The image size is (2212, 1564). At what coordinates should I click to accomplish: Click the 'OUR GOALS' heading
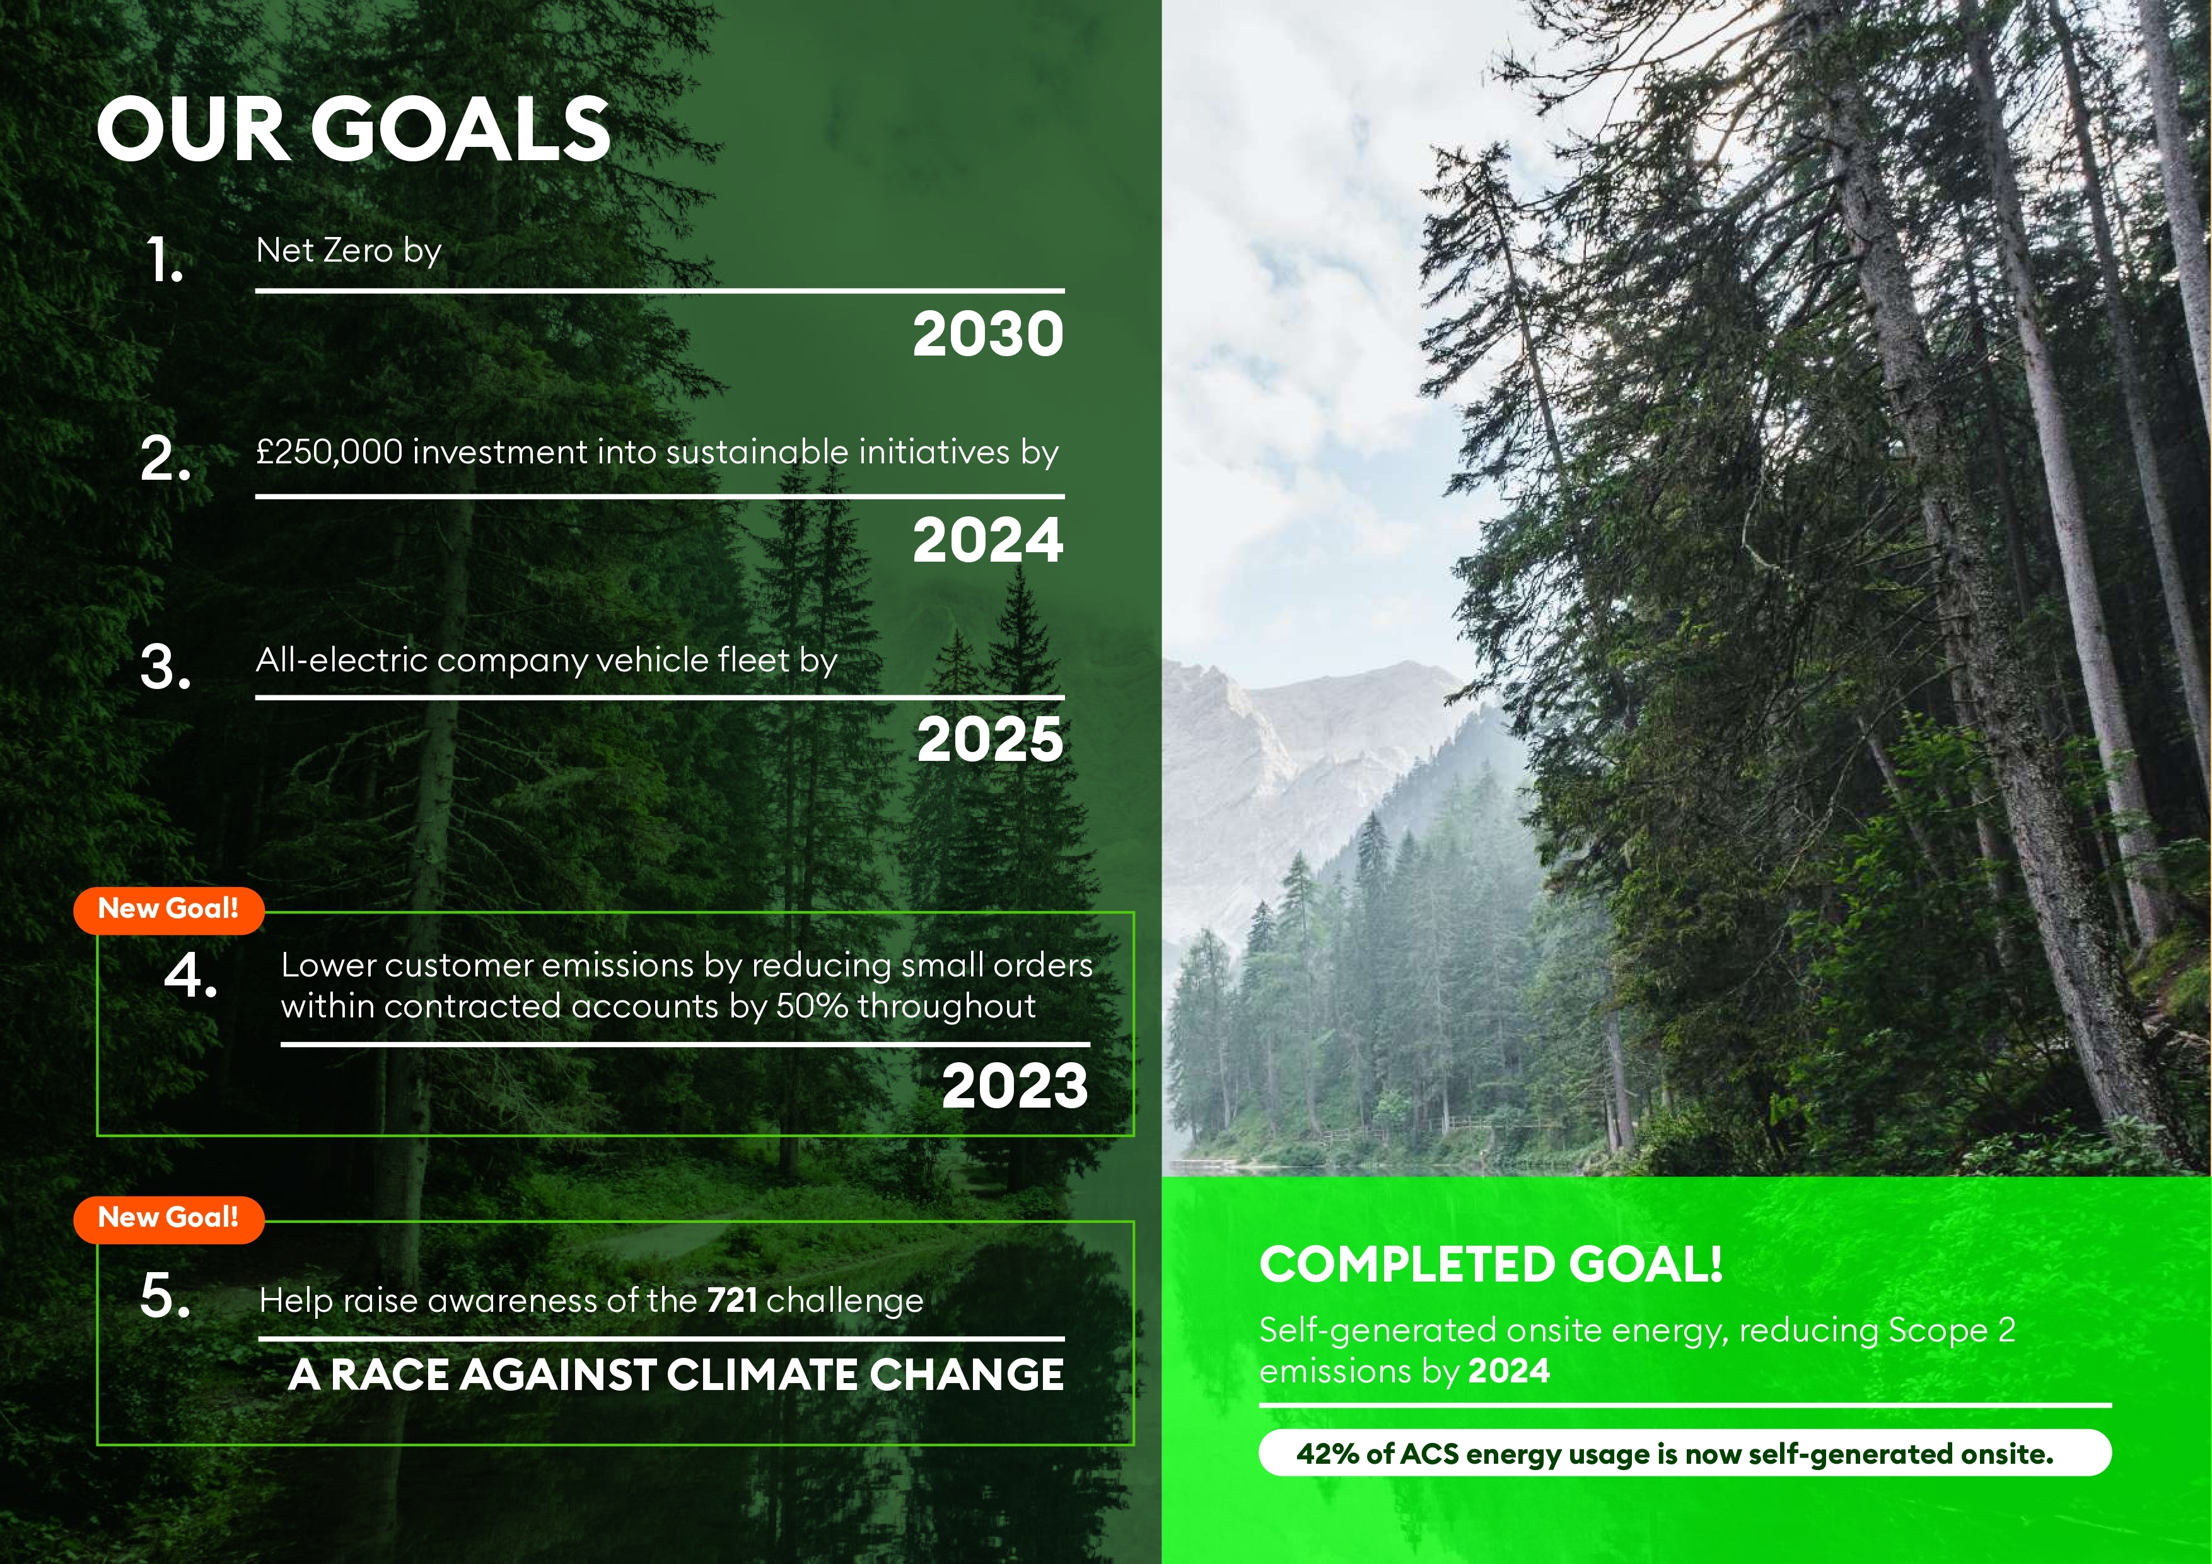pyautogui.click(x=354, y=129)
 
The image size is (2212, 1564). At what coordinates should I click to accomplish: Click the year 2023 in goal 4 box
pyautogui.click(x=1015, y=1086)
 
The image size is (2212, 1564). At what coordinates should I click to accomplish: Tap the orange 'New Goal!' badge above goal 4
pyautogui.click(x=168, y=909)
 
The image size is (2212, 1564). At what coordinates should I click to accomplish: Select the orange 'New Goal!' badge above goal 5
pyautogui.click(x=168, y=1217)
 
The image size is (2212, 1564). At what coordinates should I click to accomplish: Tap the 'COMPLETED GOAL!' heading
pyautogui.click(x=1491, y=1265)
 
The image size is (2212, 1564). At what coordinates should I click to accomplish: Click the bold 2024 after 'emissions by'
pyautogui.click(x=1509, y=1370)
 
